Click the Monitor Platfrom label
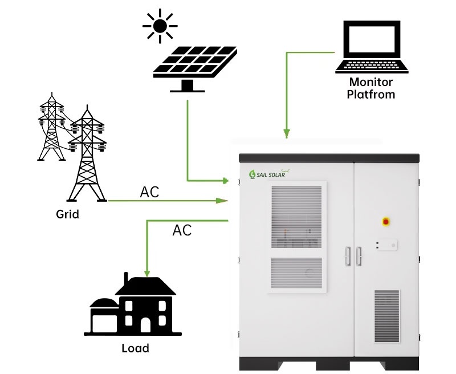pos(372,88)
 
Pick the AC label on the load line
pos(182,230)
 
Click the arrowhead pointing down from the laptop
pos(287,134)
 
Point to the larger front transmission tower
pos(87,154)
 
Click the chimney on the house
pos(127,279)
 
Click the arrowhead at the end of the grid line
pos(222,201)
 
